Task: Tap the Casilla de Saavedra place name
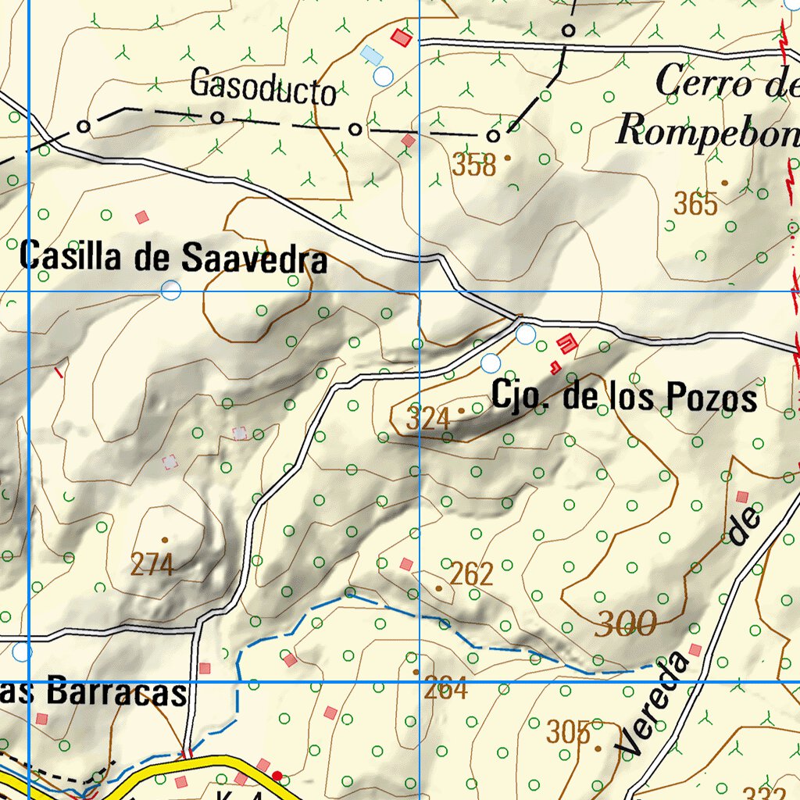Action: [x=173, y=257]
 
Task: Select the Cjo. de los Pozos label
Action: [x=623, y=397]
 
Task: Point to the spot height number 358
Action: [x=474, y=166]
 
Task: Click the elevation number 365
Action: [x=695, y=204]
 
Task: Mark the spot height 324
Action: [x=428, y=419]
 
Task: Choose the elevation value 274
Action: [x=152, y=564]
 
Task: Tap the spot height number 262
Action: [x=472, y=574]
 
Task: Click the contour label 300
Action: [x=625, y=623]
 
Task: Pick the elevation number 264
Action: [x=445, y=689]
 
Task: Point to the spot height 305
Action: [x=568, y=733]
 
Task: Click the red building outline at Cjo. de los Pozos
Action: [x=567, y=342]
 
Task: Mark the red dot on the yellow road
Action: [x=277, y=775]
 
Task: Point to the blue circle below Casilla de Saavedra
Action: [x=170, y=291]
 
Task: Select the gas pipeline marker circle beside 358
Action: [x=493, y=136]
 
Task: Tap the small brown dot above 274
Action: [x=164, y=539]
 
